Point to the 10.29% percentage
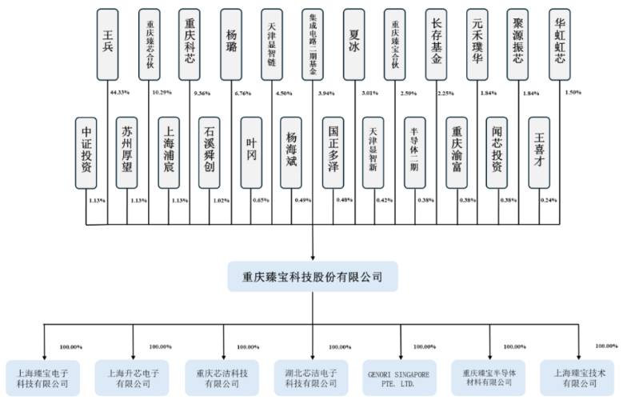coord(162,93)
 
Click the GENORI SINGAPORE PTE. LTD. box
coord(398,378)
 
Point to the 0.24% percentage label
coord(549,200)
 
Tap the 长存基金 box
coord(437,45)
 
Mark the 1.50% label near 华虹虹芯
coord(573,93)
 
